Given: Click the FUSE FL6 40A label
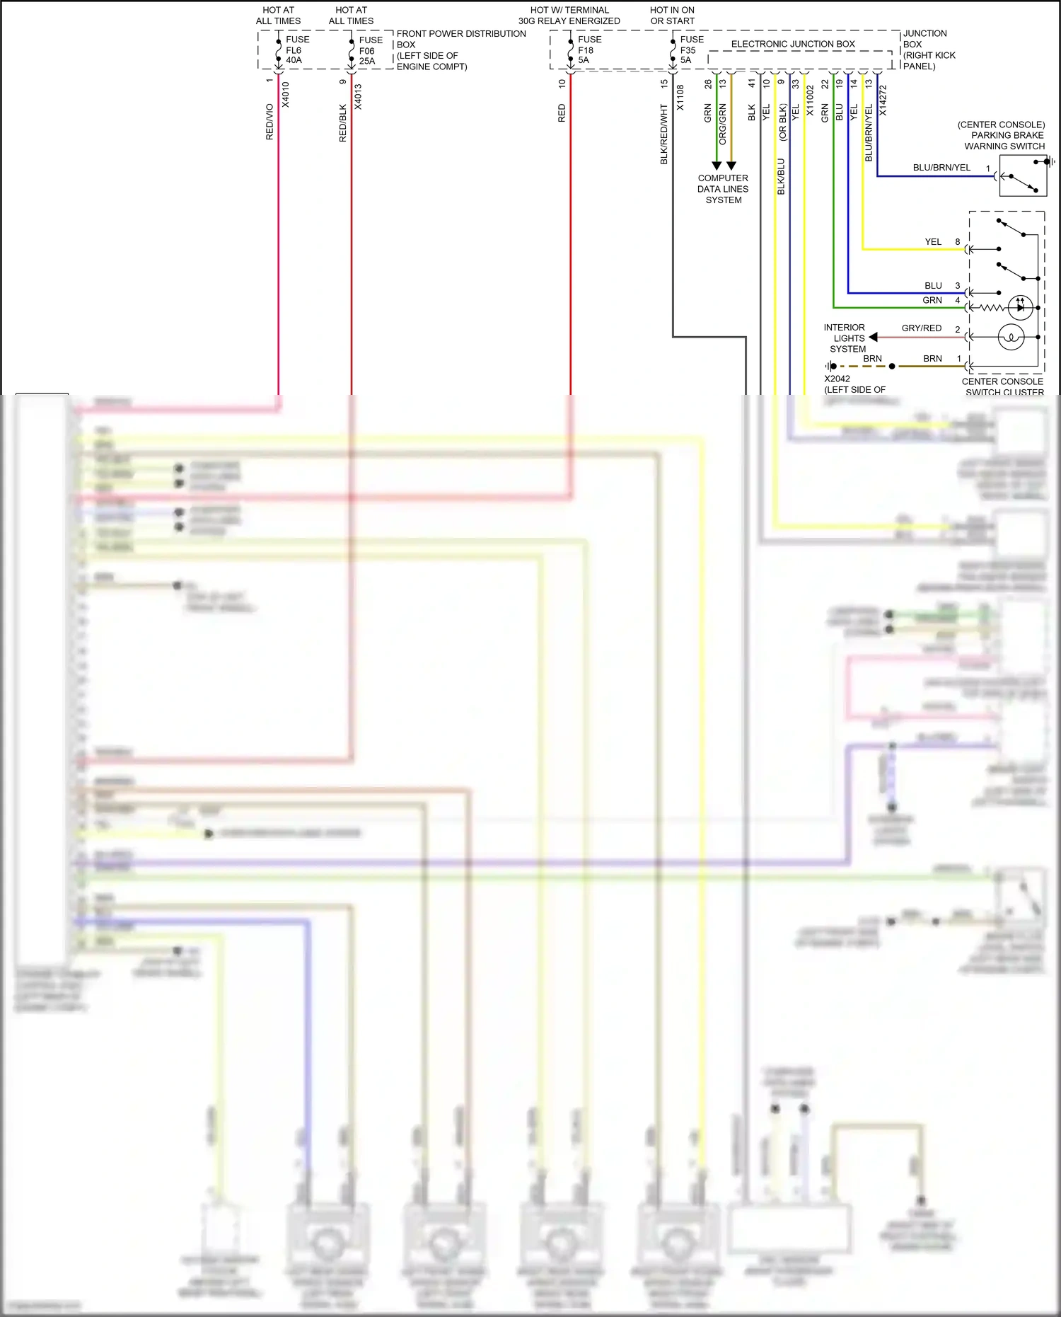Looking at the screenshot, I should tap(296, 50).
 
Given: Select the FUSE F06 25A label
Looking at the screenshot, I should tap(369, 51).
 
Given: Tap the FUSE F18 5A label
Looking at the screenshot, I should tap(589, 50).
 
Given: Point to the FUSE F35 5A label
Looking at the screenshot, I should tap(690, 50).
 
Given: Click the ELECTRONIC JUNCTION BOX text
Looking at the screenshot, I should tap(792, 44).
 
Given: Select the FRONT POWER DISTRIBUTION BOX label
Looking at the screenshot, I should tap(460, 50).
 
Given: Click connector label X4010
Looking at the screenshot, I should tap(286, 95).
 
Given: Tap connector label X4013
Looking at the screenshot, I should tap(358, 97).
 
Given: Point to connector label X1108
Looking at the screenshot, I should tap(680, 98).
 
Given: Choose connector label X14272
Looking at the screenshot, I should tap(883, 100).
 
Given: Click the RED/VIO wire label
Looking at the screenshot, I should tap(269, 122).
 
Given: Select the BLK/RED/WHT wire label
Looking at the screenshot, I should tap(664, 134).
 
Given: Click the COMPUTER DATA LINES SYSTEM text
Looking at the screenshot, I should tap(723, 189).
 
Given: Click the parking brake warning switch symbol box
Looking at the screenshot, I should tap(1022, 176).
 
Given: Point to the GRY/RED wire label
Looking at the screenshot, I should tap(921, 328).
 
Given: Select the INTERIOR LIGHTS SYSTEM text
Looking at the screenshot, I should tap(845, 338).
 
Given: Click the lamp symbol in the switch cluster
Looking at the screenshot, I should tap(1011, 337).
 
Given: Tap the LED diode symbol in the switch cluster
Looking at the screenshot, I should tap(1020, 307).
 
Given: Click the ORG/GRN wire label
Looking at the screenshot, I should tap(722, 125).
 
